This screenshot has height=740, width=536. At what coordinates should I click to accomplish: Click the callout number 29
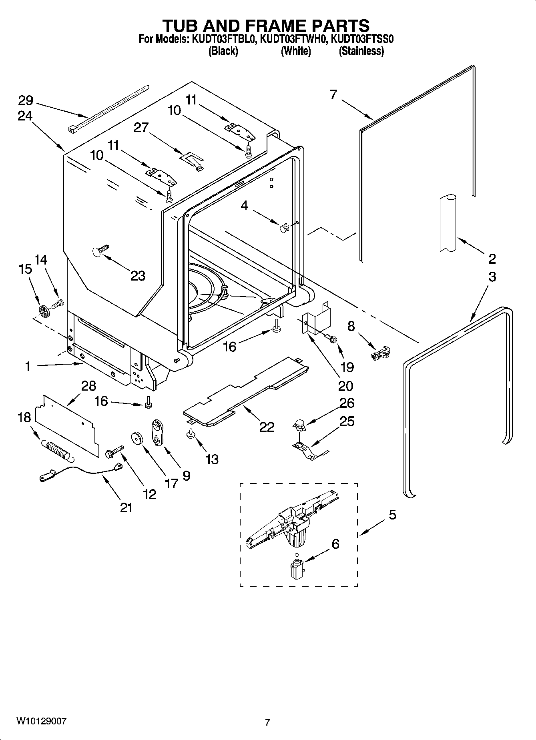pos(25,101)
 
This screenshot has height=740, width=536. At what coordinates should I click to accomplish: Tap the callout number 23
pos(138,276)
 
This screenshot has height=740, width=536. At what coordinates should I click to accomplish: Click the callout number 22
pos(267,427)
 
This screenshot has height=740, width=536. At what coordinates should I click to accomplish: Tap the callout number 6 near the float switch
pos(335,544)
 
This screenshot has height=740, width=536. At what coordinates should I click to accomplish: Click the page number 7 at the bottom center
pos(267,722)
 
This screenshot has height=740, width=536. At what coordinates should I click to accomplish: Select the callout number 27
pos(141,128)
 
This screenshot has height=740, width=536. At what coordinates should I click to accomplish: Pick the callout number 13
pos(212,459)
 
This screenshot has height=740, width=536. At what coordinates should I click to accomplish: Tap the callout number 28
pos(88,386)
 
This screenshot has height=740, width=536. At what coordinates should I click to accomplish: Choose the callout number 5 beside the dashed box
pos(392,515)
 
